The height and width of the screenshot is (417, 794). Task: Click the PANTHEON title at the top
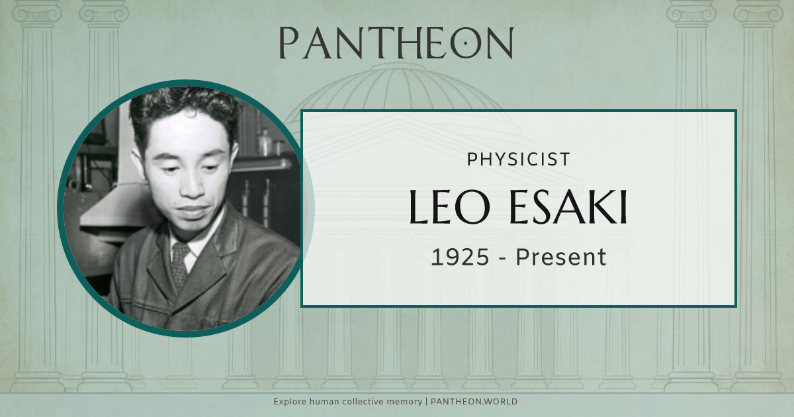[396, 43]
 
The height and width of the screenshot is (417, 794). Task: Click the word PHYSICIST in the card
[518, 160]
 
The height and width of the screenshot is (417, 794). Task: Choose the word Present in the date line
[561, 257]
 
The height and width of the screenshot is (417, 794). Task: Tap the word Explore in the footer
[290, 402]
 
